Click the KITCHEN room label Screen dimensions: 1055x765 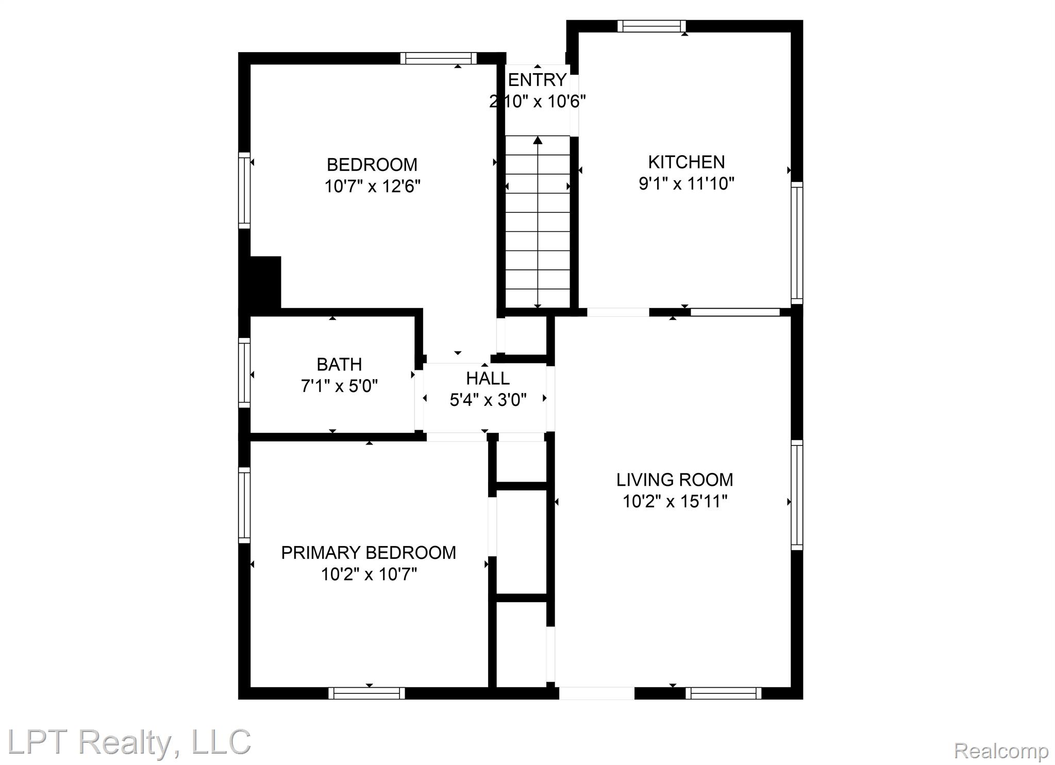coord(686,162)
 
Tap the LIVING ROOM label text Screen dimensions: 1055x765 coord(675,480)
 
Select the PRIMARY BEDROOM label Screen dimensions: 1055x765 coord(369,552)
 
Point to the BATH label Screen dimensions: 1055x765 coord(339,364)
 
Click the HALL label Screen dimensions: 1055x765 coord(488,378)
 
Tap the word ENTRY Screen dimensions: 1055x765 coord(538,80)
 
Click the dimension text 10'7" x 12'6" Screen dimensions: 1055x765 coord(372,185)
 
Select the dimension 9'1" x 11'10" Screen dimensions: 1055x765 coord(686,183)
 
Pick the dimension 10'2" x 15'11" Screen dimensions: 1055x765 coord(675,501)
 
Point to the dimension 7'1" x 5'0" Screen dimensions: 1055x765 coord(339,385)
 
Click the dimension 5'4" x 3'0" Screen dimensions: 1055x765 coord(488,399)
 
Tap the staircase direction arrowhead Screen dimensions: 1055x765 coord(538,140)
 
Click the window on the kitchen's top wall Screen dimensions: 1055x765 coord(651,26)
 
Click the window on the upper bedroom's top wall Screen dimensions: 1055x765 coord(439,58)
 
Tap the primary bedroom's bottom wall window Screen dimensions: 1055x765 coord(366,693)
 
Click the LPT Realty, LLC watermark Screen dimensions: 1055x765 coord(129,742)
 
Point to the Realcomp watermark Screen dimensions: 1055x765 coord(1001,751)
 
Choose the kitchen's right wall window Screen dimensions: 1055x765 coord(797,243)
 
